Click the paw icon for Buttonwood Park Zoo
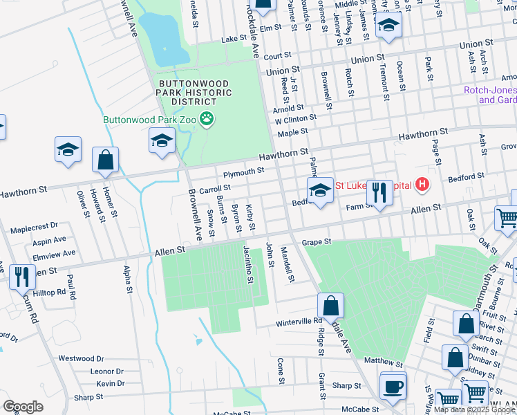click(207, 119)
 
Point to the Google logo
click(23, 407)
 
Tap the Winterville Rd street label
click(299, 321)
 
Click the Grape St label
click(317, 242)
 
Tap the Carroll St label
click(214, 188)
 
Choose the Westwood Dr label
click(81, 358)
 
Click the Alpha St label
click(127, 280)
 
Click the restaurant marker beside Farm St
click(379, 191)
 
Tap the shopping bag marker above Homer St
click(106, 160)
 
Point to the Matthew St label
click(383, 362)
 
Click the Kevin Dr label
click(111, 383)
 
